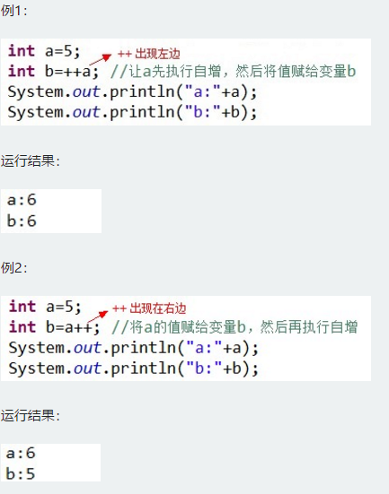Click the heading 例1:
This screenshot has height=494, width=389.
tap(13, 11)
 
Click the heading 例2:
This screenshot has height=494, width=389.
tap(13, 268)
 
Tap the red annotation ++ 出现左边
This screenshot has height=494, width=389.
tap(149, 54)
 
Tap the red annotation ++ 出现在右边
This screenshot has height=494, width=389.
tap(149, 308)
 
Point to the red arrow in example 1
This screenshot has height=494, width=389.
tap(101, 59)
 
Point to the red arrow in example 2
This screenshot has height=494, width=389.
tap(98, 316)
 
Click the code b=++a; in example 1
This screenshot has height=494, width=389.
tap(72, 72)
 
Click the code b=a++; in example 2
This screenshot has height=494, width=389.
tap(73, 327)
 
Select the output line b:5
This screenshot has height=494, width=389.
tap(21, 473)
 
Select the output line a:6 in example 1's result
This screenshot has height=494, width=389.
tap(22, 200)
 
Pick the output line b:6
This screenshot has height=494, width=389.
tap(22, 221)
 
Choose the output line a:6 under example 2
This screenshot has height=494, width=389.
tap(21, 453)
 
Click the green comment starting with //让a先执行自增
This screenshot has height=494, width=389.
tap(234, 72)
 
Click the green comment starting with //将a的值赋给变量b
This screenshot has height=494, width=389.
tap(234, 327)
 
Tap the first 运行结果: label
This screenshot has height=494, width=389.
tap(31, 161)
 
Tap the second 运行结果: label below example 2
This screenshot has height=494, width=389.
tap(31, 416)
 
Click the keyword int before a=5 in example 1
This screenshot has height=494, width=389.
tap(22, 51)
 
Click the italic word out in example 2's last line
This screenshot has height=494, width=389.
tap(87, 368)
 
